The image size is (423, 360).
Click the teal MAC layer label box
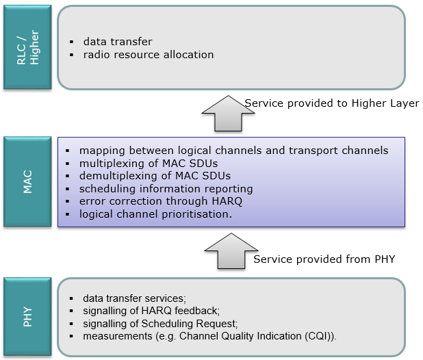click(27, 181)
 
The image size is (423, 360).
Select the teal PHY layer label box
click(27, 317)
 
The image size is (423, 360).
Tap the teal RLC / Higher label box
click(27, 47)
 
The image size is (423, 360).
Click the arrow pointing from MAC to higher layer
click(228, 113)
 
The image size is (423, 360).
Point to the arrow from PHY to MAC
click(231, 250)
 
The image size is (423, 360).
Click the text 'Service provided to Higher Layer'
click(332, 103)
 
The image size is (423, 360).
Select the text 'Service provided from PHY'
click(324, 259)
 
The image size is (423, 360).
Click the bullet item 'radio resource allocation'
click(149, 55)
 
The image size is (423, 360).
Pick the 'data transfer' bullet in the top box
click(118, 42)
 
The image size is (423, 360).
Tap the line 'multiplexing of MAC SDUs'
click(149, 164)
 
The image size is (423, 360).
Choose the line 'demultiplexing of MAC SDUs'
click(155, 176)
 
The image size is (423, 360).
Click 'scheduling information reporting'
click(166, 189)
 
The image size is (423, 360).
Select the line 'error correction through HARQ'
click(161, 201)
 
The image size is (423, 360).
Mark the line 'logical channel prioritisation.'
click(155, 214)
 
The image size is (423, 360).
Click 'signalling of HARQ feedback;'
click(151, 311)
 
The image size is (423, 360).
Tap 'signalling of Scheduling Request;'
click(160, 324)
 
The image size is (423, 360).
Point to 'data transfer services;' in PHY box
click(134, 298)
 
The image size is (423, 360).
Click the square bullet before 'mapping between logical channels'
click(68, 151)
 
